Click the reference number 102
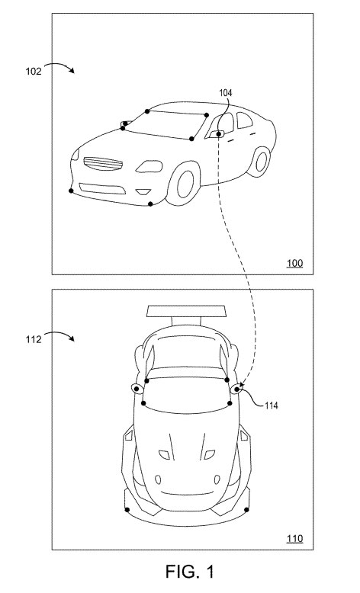click(34, 71)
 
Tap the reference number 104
click(226, 93)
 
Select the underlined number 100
click(295, 263)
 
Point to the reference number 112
click(34, 340)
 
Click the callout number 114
click(271, 405)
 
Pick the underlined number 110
click(295, 538)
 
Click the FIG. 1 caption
click(190, 572)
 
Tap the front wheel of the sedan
click(185, 184)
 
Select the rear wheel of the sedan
click(259, 162)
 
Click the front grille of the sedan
click(103, 164)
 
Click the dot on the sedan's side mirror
click(218, 133)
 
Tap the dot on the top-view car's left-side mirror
click(136, 389)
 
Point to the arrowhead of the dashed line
click(242, 386)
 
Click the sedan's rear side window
click(244, 120)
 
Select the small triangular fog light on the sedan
click(143, 192)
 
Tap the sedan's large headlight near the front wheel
click(149, 166)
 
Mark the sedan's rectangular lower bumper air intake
click(102, 188)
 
